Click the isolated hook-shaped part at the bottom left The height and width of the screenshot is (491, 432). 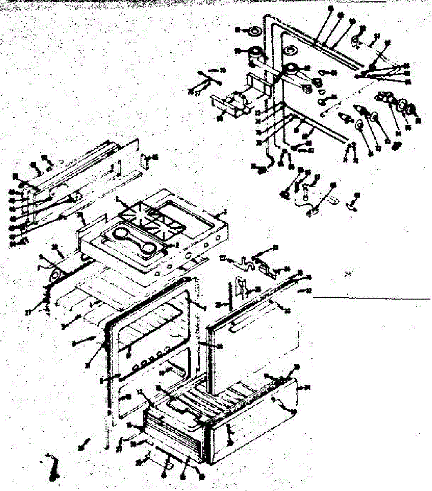(53, 466)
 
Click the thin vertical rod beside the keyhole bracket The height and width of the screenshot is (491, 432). (231, 295)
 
